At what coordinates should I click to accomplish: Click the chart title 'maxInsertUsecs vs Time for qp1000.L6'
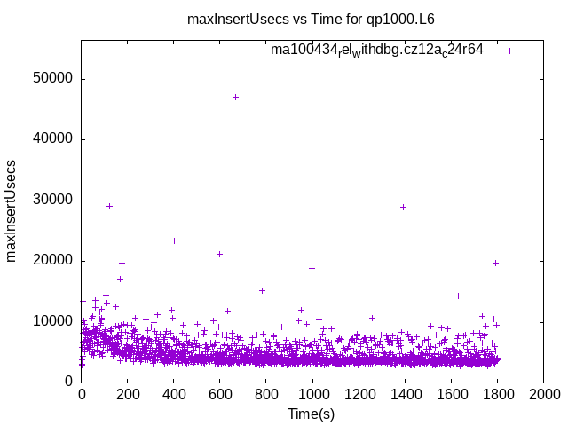pyautogui.click(x=311, y=19)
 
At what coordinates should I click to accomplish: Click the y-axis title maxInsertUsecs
pyautogui.click(x=12, y=210)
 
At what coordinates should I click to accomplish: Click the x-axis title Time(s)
pyautogui.click(x=312, y=414)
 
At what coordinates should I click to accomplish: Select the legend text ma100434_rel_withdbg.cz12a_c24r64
pyautogui.click(x=377, y=51)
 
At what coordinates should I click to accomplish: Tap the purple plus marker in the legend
pyautogui.click(x=509, y=51)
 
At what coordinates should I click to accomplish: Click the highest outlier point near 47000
pyautogui.click(x=235, y=97)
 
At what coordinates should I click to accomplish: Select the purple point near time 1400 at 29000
pyautogui.click(x=403, y=207)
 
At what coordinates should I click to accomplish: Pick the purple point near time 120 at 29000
pyautogui.click(x=109, y=206)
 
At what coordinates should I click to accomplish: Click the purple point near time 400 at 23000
pyautogui.click(x=174, y=241)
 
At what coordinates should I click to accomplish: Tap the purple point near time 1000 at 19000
pyautogui.click(x=312, y=268)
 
